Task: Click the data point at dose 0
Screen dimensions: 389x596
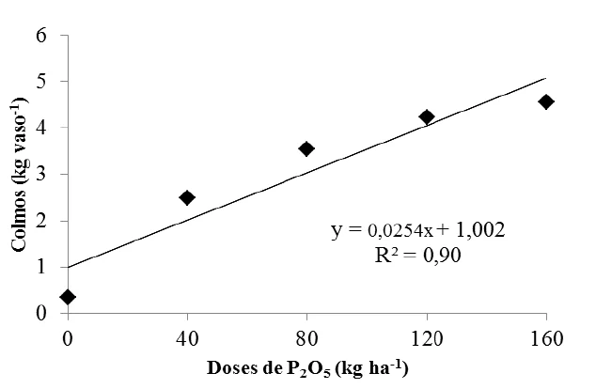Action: [68, 297]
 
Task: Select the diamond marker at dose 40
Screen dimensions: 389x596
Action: [187, 197]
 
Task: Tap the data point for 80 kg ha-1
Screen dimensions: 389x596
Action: [306, 148]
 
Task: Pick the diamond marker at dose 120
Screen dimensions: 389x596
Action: [427, 117]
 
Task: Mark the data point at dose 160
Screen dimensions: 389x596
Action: [546, 101]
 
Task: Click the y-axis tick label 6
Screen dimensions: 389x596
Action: [40, 36]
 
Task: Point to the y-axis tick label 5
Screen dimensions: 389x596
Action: [40, 82]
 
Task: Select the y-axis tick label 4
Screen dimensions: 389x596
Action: [40, 128]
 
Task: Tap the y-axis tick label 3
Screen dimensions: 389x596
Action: [40, 174]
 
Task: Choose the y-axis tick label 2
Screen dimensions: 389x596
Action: [40, 221]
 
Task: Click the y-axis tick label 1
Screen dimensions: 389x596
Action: [40, 267]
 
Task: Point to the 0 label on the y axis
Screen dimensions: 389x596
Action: [40, 313]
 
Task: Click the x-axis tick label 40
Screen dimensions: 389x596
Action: [187, 335]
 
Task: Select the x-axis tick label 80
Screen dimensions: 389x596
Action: [306, 335]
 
